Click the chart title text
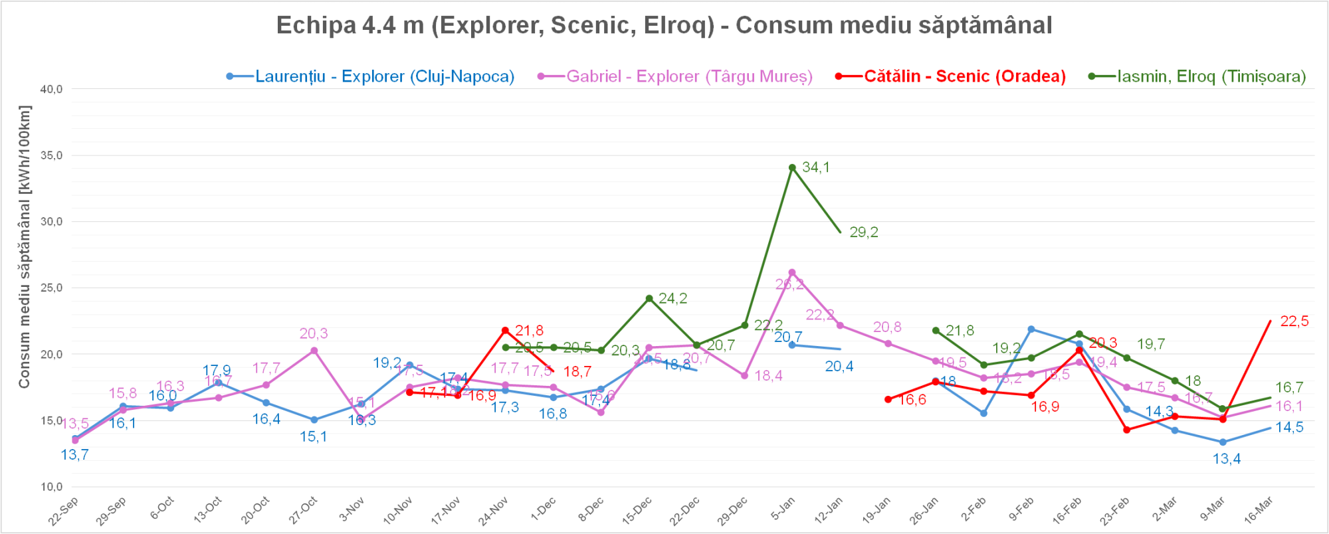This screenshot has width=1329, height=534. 664,25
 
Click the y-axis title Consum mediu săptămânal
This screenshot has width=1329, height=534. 25,246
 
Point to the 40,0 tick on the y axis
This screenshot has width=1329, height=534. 51,89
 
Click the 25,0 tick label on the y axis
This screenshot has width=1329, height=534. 51,288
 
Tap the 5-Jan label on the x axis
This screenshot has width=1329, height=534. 783,509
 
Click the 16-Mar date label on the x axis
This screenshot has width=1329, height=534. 1258,511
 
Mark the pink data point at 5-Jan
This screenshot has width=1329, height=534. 792,272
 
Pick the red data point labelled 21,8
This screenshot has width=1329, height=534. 505,330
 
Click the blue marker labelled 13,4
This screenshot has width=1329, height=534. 1223,442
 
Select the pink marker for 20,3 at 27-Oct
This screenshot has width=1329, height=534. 314,351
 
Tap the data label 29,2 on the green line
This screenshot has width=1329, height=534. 864,232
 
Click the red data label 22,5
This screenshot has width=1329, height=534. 1294,321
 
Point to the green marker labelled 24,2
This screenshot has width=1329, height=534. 649,298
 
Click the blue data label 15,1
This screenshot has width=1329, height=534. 313,437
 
